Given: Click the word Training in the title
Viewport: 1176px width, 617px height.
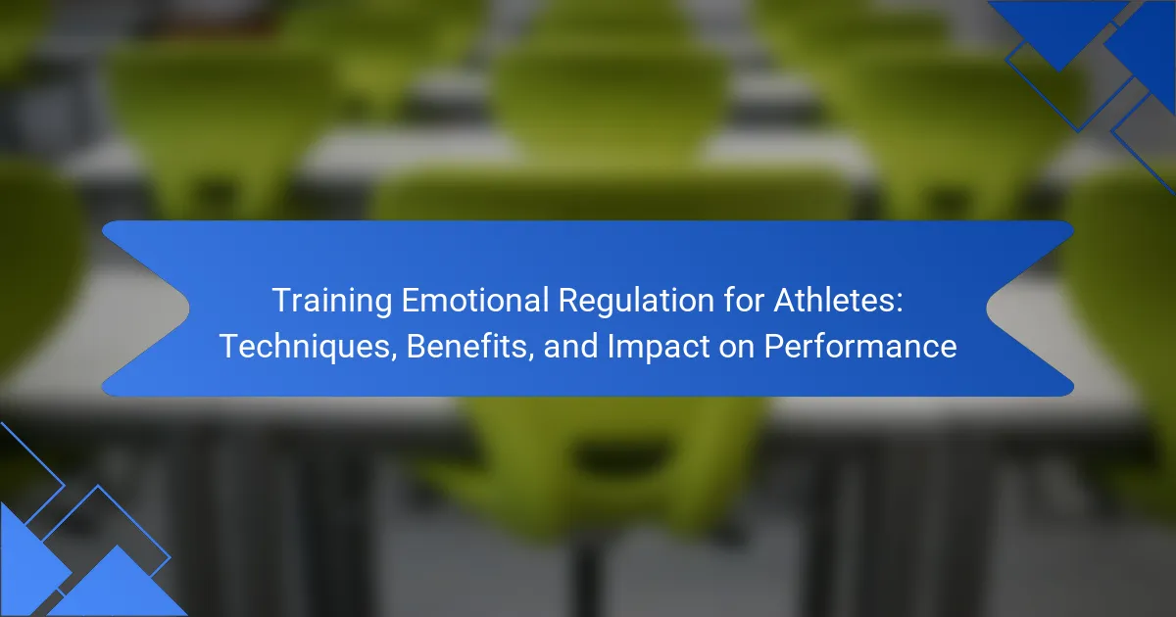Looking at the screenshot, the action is (332, 302).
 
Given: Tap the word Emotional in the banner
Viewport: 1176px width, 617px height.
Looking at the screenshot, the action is (475, 300).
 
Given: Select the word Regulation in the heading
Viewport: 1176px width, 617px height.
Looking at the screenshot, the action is (636, 302).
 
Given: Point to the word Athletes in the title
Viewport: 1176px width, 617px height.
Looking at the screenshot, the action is (834, 300).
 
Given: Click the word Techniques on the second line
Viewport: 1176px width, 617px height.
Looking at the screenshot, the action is (305, 347).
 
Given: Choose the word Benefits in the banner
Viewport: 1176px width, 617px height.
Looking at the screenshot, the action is (466, 347).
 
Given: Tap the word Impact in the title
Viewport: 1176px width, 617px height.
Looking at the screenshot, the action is (659, 347).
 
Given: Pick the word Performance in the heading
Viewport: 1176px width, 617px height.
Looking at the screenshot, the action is (860, 347).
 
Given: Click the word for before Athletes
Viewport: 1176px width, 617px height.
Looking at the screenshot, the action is (744, 300).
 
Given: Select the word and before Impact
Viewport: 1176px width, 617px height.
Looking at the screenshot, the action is (570, 347).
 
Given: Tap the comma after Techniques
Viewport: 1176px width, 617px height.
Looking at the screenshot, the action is (394, 357).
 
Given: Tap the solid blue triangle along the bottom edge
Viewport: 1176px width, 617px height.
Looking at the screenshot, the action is (118, 588).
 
